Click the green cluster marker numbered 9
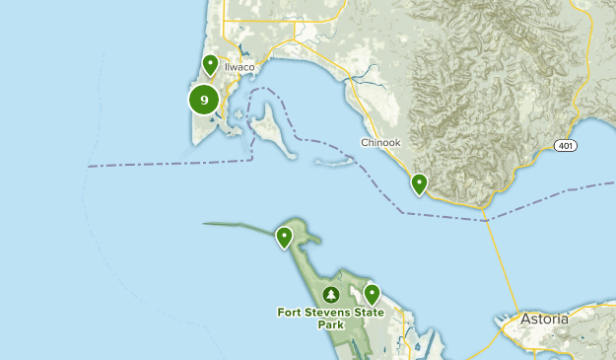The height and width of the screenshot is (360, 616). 204,99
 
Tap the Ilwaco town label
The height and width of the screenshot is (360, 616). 240,67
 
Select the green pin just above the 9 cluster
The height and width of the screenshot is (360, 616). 210,65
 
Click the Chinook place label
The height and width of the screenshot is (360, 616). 380,143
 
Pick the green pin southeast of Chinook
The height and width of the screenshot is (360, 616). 420,183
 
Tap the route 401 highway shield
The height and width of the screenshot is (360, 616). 565,145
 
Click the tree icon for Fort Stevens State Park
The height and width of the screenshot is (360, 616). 331,295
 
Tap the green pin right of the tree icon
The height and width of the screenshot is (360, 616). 372,293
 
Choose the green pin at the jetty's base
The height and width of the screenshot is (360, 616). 284,236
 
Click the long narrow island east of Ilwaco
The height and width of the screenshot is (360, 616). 272,133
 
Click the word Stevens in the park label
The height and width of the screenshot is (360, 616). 328,313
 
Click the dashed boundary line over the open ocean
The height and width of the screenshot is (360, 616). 148,162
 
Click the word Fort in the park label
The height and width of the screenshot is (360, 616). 291,313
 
